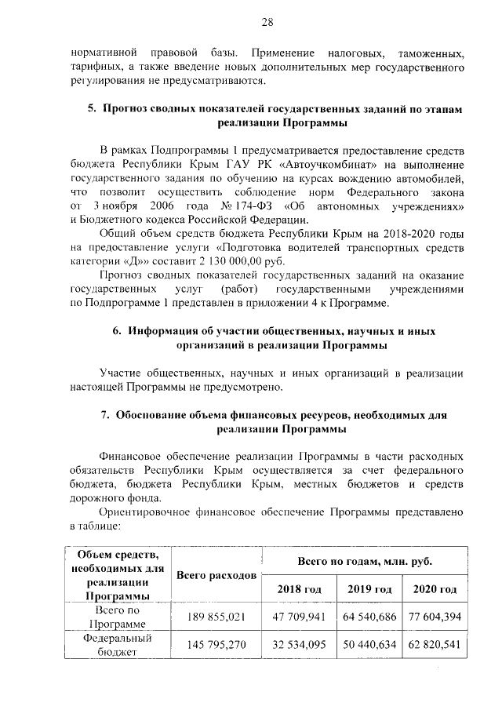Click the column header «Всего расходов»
(216, 575)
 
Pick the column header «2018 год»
(299, 588)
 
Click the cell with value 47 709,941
(299, 617)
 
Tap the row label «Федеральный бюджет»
(116, 644)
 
